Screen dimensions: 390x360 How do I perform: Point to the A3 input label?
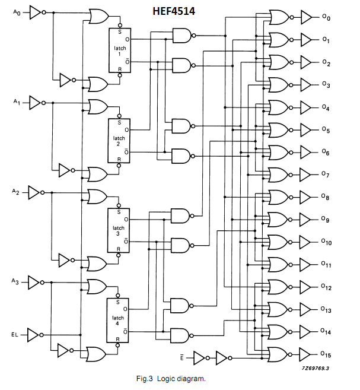tap(16, 281)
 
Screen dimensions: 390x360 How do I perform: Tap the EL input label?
tap(15, 335)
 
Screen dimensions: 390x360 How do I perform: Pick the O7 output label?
tap(326, 175)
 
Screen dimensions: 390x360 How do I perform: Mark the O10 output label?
tap(327, 242)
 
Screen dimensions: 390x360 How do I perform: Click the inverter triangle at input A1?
tap(35, 103)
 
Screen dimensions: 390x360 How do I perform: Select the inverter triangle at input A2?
tap(35, 192)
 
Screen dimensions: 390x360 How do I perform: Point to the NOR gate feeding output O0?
tap(278, 18)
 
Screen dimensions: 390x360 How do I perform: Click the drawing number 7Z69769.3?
tap(315, 368)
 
